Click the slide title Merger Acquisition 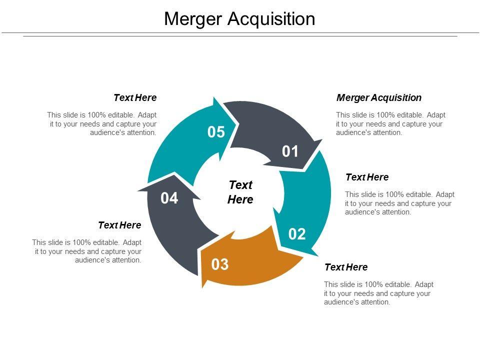(239, 19)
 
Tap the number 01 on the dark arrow (290, 151)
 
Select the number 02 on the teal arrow (297, 233)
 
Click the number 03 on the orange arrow (220, 264)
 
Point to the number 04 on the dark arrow (169, 198)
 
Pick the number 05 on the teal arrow (216, 132)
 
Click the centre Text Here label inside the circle (240, 192)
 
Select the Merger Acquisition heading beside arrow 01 (379, 97)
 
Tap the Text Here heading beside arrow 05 (135, 97)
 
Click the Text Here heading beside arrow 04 (119, 225)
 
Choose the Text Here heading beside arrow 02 (367, 177)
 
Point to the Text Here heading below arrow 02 (346, 267)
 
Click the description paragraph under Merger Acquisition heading (390, 123)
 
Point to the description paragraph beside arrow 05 (102, 123)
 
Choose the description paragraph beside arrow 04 (87, 251)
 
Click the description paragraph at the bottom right (378, 293)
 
